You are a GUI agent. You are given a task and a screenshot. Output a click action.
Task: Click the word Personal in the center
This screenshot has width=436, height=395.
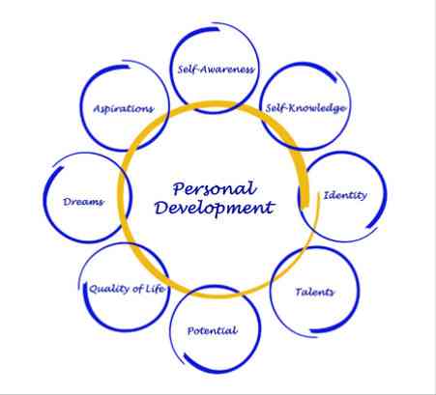(215, 188)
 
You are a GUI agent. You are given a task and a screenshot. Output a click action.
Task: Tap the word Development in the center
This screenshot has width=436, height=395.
(215, 208)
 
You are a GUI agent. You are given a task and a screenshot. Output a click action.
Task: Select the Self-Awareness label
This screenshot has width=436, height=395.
(216, 70)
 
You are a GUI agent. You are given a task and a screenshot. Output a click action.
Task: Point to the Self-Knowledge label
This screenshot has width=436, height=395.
(305, 108)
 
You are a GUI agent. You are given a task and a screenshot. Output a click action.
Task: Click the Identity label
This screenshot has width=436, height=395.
(345, 195)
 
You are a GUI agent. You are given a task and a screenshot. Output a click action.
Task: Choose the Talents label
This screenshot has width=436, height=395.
(315, 292)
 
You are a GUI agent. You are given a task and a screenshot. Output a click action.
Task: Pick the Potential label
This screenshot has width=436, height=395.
(213, 330)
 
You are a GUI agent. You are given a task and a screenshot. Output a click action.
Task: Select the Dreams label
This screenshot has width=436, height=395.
(83, 202)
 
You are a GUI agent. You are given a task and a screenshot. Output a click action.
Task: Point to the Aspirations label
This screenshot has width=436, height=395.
(124, 109)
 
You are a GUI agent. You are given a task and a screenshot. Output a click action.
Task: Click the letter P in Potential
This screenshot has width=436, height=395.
(190, 330)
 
